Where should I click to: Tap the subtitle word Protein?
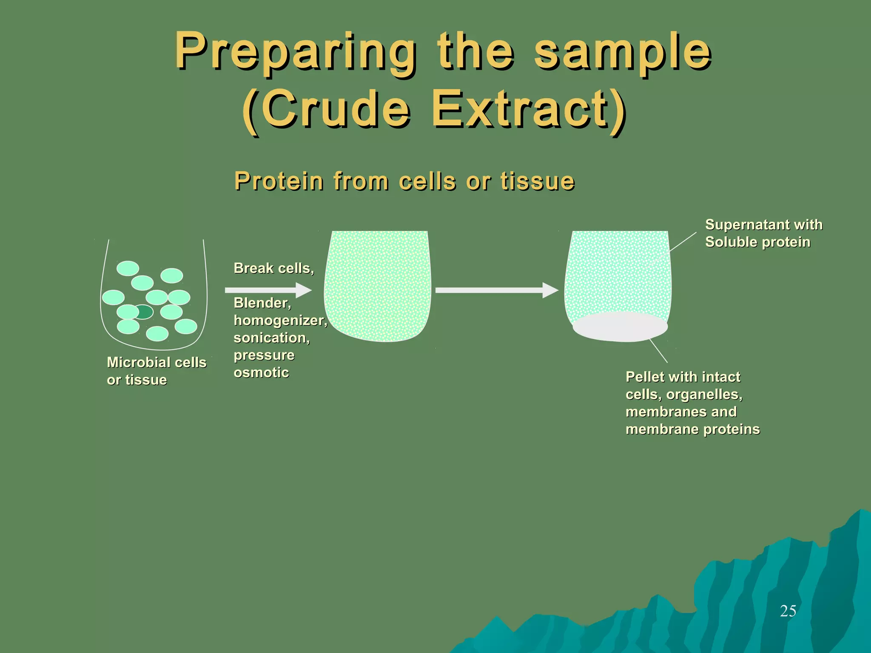279,181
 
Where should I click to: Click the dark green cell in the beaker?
144,312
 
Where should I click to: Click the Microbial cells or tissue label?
156,371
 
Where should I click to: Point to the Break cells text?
273,268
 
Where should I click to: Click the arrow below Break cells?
268,290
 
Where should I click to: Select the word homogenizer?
280,320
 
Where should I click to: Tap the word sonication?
271,338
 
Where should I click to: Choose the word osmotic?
261,372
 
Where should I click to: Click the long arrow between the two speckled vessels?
496,290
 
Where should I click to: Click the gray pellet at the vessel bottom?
620,327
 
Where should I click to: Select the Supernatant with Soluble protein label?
763,233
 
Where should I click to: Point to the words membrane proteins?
692,429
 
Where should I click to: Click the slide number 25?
788,611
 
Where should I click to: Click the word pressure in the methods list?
264,355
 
